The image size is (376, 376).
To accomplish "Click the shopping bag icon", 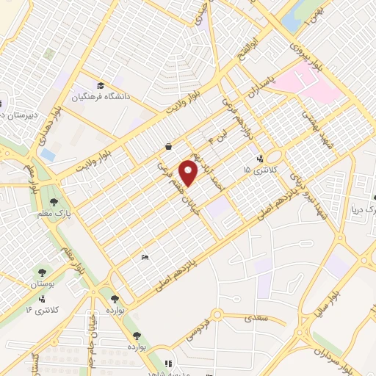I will (x=170, y=146).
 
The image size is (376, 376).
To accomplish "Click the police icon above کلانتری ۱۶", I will (x=42, y=299).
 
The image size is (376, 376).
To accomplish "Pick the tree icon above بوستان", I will (x=43, y=272).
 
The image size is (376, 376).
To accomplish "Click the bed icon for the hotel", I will (x=145, y=258).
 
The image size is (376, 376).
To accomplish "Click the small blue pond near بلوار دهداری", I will (x=48, y=154).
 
